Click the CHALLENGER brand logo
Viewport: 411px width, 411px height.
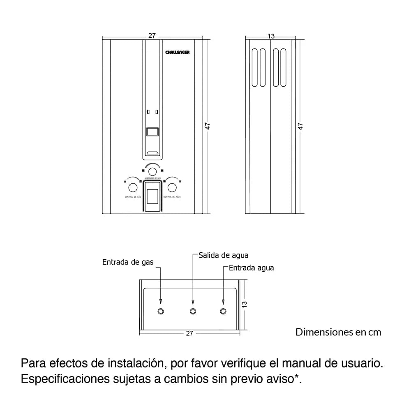click(177, 53)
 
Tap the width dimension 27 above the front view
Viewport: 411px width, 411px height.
click(152, 36)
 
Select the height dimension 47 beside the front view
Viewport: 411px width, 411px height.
click(208, 126)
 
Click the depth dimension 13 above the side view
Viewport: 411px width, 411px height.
click(271, 36)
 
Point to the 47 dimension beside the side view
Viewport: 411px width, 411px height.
click(300, 126)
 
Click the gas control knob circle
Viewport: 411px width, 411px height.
click(133, 187)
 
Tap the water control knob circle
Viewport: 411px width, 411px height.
click(172, 187)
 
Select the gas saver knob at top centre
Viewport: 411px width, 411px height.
click(152, 171)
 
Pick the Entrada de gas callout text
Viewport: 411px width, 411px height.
click(128, 262)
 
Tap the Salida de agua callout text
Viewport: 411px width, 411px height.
click(223, 255)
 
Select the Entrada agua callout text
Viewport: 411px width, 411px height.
click(251, 268)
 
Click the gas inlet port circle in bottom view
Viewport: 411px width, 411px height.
click(161, 311)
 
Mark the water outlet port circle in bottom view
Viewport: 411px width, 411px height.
click(193, 311)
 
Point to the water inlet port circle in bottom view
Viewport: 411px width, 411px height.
click(223, 311)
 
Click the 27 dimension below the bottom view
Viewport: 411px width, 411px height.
click(189, 333)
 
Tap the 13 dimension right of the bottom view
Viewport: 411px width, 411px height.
click(244, 305)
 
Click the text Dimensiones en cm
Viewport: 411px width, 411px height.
click(338, 332)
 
